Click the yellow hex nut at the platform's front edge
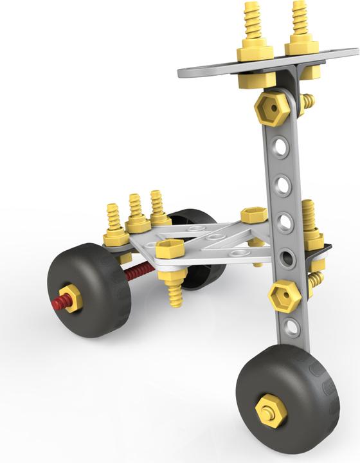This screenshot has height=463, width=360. [170, 248]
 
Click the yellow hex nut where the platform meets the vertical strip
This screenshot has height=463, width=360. [254, 215]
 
